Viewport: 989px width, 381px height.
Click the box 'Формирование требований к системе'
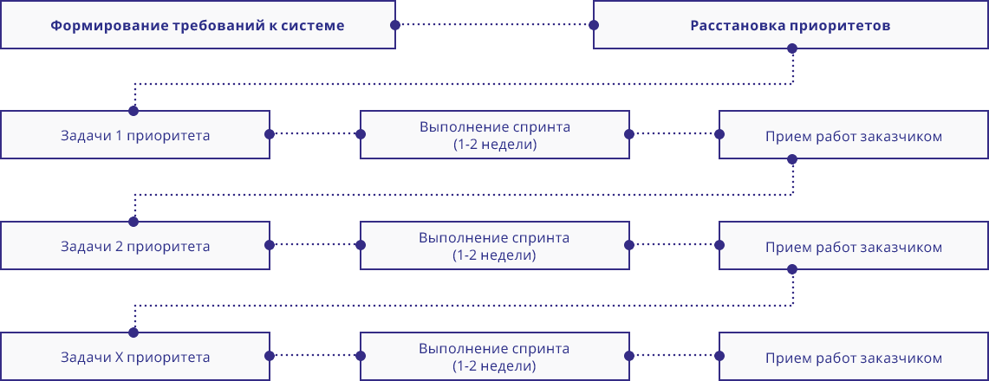(198, 25)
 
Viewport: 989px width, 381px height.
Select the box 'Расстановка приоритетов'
(791, 25)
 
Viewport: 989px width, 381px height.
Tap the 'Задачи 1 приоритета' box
(135, 135)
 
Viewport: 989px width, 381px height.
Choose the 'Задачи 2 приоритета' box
(135, 246)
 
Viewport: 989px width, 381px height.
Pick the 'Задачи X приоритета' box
(135, 357)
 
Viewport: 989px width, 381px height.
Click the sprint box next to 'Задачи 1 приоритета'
(494, 135)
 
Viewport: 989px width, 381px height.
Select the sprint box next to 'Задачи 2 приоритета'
(494, 246)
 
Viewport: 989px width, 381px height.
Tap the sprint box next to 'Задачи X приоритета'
(494, 357)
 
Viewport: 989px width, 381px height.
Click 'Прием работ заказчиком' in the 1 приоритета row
(854, 136)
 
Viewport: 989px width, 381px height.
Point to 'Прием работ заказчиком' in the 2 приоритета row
(854, 247)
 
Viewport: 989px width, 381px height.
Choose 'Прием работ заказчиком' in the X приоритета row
(854, 358)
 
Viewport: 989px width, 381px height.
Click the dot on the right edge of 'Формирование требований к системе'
(395, 25)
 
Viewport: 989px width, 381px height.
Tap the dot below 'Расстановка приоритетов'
(791, 49)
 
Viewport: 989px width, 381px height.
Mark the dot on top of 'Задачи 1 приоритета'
(133, 111)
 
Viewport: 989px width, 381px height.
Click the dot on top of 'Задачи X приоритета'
(133, 333)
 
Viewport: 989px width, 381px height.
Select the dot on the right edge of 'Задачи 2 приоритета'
(270, 245)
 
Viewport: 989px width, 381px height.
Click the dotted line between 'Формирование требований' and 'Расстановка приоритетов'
(494, 25)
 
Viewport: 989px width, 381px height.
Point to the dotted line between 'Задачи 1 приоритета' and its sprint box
(315, 134)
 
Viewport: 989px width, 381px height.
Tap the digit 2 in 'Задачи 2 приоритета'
(120, 246)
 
